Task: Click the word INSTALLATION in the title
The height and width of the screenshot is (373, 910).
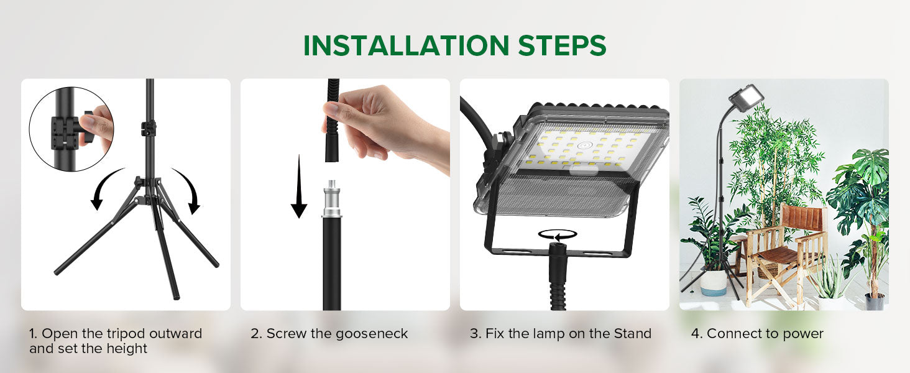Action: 406,45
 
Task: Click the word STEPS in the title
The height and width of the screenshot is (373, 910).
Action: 563,45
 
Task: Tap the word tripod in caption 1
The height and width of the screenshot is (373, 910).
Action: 126,334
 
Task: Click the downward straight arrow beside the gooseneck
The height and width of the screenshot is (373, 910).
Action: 299,186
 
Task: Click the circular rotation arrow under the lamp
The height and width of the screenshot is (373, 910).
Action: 558,234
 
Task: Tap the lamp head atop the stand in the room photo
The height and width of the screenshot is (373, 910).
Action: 746,98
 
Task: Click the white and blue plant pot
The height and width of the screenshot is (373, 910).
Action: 714,283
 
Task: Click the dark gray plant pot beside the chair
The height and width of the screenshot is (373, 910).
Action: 874,302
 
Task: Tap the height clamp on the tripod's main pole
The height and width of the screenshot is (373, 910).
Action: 149,128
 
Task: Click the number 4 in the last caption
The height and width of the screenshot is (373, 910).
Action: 695,334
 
